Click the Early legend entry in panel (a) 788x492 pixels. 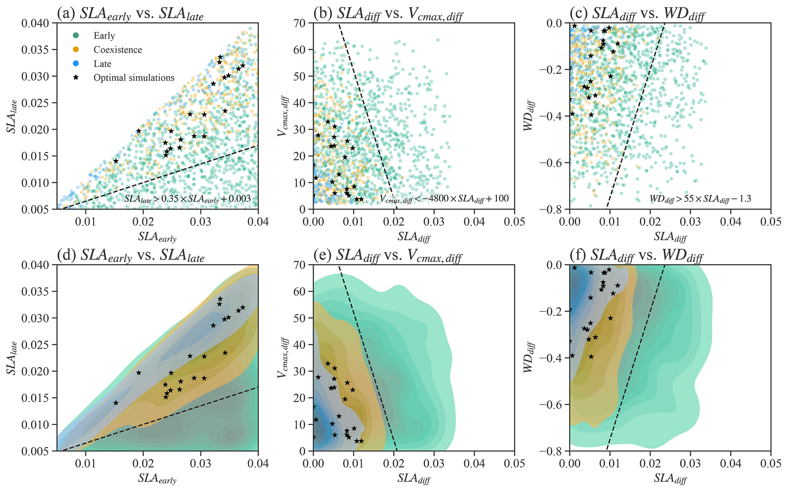(104, 36)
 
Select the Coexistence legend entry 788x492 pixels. (117, 50)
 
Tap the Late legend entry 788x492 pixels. (102, 64)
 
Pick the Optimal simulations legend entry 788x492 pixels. (134, 78)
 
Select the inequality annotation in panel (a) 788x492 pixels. (188, 199)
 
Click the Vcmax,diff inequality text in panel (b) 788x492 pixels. (444, 199)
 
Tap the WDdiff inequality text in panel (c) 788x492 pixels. (700, 199)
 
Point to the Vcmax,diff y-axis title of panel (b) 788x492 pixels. (282, 116)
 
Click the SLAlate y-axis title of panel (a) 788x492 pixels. (11, 116)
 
